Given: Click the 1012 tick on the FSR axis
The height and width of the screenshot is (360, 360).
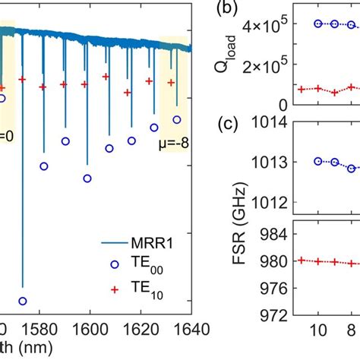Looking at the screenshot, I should click(x=273, y=201).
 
